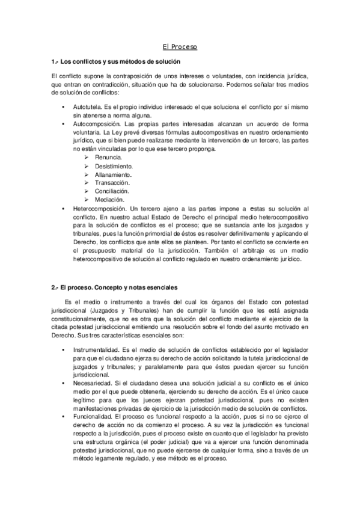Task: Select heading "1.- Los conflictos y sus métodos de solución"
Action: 116,62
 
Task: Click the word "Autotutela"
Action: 87,106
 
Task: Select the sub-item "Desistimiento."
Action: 114,165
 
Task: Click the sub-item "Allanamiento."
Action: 113,174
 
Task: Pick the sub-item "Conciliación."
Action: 112,191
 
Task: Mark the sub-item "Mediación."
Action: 109,199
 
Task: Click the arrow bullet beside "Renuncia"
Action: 87,157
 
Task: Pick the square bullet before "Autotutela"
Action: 64,106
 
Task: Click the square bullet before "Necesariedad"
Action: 64,383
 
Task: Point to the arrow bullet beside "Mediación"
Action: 87,199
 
